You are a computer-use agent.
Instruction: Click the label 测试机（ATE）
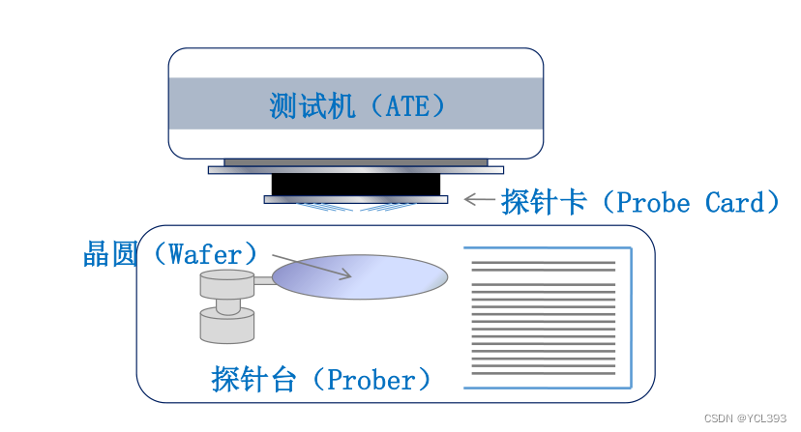(357, 105)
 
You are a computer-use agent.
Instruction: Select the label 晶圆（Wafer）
(172, 253)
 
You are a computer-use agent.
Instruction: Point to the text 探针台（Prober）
(320, 379)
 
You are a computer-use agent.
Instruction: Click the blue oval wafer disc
(360, 277)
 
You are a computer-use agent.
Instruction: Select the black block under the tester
(355, 184)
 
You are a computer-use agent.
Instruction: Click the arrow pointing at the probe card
(480, 200)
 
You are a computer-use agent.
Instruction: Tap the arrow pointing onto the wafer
(311, 267)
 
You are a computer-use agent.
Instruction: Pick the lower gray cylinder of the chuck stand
(226, 326)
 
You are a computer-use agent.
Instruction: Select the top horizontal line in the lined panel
(543, 263)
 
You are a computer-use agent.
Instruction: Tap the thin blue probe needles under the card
(355, 207)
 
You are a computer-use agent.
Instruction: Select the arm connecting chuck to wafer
(263, 282)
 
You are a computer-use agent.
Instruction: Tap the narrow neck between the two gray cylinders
(226, 305)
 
